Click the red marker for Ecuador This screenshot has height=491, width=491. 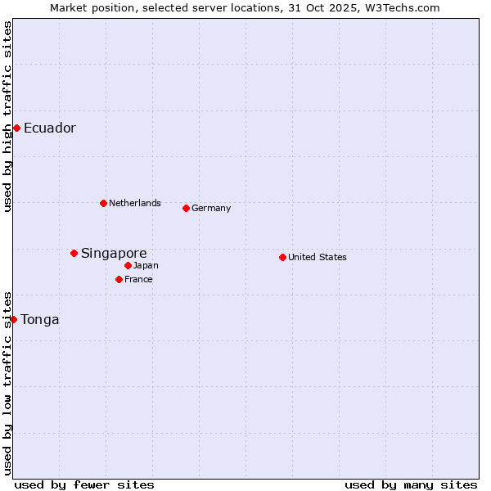(16, 128)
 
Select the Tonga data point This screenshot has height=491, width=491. (14, 319)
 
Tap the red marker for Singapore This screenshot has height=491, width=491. (74, 253)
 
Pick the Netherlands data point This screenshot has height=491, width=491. (103, 203)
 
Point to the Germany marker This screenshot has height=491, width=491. (186, 208)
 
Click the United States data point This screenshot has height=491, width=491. (282, 257)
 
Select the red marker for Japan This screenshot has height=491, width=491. (128, 265)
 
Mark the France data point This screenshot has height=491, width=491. (119, 279)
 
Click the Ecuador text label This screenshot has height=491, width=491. (50, 128)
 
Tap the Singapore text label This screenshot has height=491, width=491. (114, 253)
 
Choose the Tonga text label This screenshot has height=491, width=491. (40, 319)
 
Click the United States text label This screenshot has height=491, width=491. (318, 257)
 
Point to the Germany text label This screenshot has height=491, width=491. (211, 208)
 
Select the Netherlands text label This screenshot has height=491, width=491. (135, 203)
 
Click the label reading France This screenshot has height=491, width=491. (139, 279)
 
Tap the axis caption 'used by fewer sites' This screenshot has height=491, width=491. (84, 484)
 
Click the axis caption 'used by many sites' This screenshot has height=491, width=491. (411, 484)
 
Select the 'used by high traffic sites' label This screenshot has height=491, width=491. (8, 116)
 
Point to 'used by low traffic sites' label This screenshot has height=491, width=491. (8, 383)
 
